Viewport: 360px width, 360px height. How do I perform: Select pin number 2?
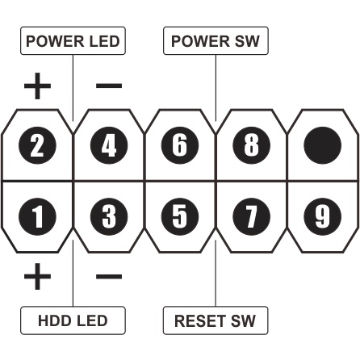37,146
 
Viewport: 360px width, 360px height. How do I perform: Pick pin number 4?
109,146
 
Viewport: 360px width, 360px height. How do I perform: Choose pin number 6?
181,146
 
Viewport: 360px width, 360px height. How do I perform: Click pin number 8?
253,146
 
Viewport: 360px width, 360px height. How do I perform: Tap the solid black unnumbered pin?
324,146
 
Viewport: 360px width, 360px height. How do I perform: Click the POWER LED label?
73,41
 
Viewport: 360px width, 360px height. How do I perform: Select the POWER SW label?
216,41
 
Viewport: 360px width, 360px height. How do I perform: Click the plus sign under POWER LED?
37,85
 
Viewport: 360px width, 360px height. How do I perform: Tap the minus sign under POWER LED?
108,85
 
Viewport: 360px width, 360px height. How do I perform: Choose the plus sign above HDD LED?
37,277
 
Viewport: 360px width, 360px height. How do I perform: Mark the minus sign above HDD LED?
108,277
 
